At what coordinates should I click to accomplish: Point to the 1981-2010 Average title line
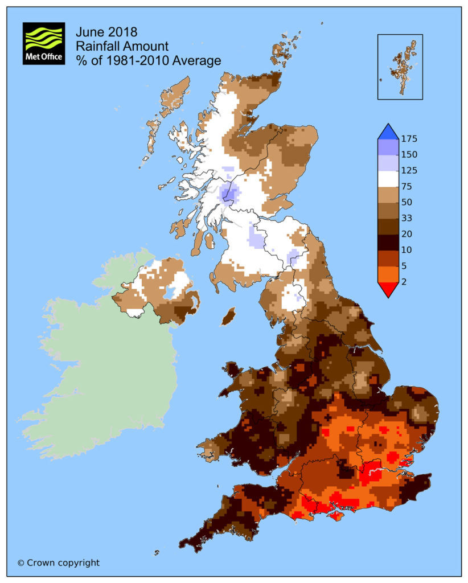(149, 60)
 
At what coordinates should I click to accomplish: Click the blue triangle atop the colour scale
(388, 132)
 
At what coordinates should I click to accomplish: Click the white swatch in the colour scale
(388, 179)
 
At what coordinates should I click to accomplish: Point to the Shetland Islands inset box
(400, 67)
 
